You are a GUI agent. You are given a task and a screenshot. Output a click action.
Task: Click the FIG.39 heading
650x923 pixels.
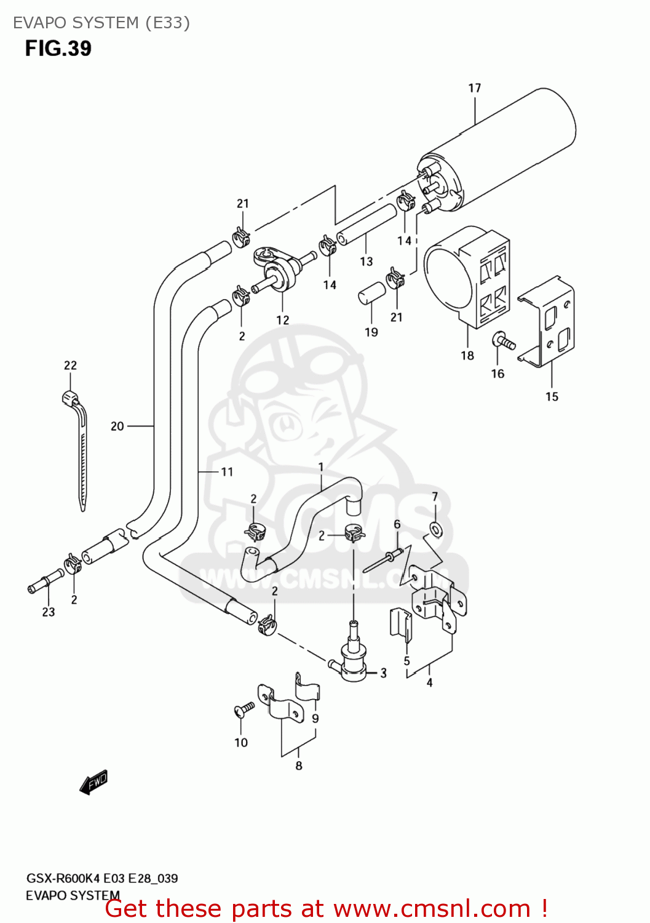[x=58, y=49]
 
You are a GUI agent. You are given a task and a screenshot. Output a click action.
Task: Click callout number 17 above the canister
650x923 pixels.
[x=474, y=88]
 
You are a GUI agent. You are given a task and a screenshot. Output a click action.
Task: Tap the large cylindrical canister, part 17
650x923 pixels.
[x=510, y=148]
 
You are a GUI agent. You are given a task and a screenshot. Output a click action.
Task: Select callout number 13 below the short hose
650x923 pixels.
[x=367, y=262]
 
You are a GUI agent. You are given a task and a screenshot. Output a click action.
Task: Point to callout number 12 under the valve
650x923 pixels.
[x=282, y=320]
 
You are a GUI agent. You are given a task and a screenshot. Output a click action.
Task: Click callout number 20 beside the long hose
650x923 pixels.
[x=117, y=426]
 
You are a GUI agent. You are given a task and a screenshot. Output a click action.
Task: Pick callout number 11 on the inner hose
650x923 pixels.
[x=227, y=472]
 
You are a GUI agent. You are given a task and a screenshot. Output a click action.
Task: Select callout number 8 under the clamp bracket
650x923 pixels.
[x=299, y=765]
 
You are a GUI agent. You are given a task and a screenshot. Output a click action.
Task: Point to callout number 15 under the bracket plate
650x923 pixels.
[x=552, y=397]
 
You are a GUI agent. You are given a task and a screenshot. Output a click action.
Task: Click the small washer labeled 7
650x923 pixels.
[x=435, y=528]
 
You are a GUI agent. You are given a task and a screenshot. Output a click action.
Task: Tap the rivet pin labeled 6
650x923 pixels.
[x=384, y=561]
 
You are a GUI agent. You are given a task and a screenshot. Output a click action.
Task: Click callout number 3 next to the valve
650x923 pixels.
[x=383, y=673]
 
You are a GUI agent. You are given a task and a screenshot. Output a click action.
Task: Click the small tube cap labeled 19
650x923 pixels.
[x=371, y=294]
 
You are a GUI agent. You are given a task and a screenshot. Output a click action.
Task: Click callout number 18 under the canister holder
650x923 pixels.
[x=467, y=355]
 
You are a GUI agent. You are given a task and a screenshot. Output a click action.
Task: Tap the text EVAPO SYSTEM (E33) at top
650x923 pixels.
[x=101, y=23]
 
